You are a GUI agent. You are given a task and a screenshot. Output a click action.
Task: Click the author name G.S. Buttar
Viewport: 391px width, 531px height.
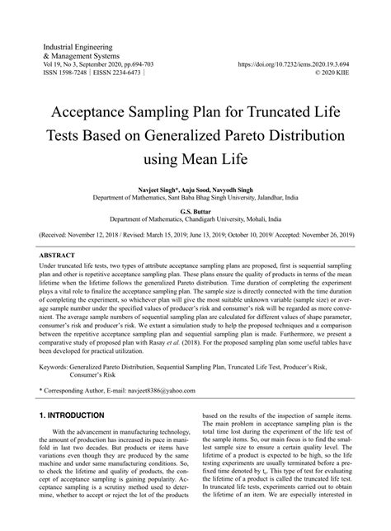pyautogui.click(x=195, y=210)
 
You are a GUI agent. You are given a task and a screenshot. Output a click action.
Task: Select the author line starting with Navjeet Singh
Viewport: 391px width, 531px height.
pyautogui.click(x=195, y=189)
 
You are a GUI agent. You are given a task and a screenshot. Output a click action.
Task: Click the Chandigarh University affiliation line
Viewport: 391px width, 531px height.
pyautogui.click(x=195, y=219)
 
